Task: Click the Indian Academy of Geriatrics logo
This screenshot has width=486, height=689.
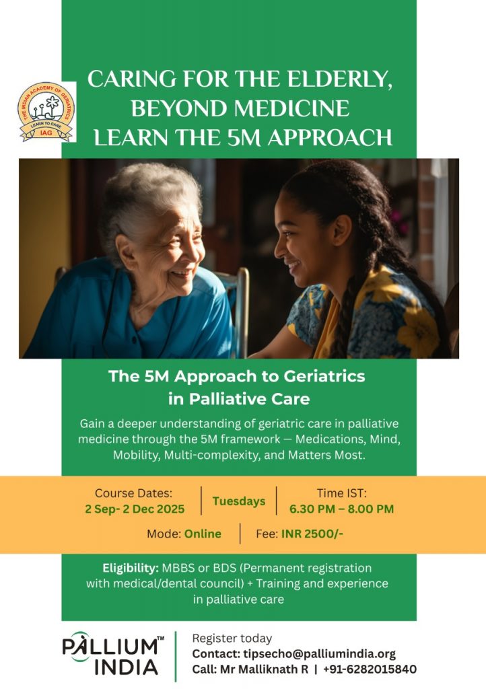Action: click(46, 112)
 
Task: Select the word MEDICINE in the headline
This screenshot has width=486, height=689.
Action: click(293, 108)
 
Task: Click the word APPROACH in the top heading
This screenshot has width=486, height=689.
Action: click(330, 137)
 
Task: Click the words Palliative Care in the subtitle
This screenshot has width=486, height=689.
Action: click(249, 399)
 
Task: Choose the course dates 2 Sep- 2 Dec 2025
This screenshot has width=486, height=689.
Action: click(135, 509)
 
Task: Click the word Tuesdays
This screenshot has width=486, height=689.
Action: click(238, 501)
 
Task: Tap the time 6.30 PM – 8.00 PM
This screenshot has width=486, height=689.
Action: click(341, 509)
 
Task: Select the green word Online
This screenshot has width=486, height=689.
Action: click(203, 534)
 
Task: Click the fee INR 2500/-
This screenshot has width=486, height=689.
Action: click(312, 534)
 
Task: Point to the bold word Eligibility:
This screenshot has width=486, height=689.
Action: click(131, 568)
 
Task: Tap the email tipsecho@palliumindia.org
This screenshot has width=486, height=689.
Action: click(320, 654)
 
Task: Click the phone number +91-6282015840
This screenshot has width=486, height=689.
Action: click(370, 669)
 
